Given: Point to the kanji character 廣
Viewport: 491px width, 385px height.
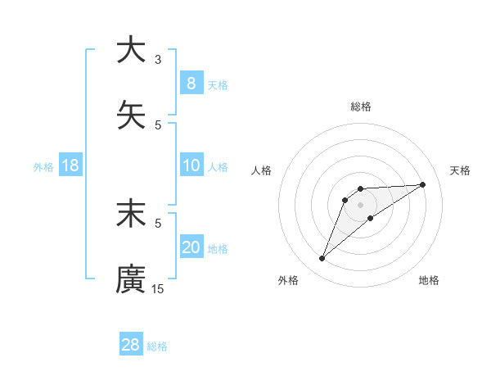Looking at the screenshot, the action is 131,279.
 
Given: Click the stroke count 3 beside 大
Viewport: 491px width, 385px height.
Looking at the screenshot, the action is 158,59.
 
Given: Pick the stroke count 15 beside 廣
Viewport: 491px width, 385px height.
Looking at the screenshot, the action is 158,288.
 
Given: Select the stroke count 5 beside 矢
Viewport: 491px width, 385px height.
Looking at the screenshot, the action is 158,125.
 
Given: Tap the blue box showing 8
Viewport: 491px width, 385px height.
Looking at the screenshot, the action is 191,83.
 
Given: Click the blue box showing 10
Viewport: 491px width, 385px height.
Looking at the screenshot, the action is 191,165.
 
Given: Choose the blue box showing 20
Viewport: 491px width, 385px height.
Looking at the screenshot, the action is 191,247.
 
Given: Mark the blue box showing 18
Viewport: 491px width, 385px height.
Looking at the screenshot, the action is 70,165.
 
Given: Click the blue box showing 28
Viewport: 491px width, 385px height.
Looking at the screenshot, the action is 130,345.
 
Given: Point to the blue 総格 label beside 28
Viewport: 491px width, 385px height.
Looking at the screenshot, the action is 157,346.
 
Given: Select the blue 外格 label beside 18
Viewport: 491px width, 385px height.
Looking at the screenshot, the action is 43,167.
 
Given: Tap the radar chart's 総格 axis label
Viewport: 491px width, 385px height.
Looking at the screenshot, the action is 361,106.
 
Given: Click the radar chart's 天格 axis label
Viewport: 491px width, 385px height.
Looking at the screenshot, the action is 461,170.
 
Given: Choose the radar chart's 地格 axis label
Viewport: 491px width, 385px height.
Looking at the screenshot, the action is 429,280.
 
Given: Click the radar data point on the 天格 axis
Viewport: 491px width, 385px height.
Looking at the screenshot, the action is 423,184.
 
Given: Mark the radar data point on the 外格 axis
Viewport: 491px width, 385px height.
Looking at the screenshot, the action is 322,259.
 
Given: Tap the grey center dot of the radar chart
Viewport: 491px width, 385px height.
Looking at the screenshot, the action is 361,205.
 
